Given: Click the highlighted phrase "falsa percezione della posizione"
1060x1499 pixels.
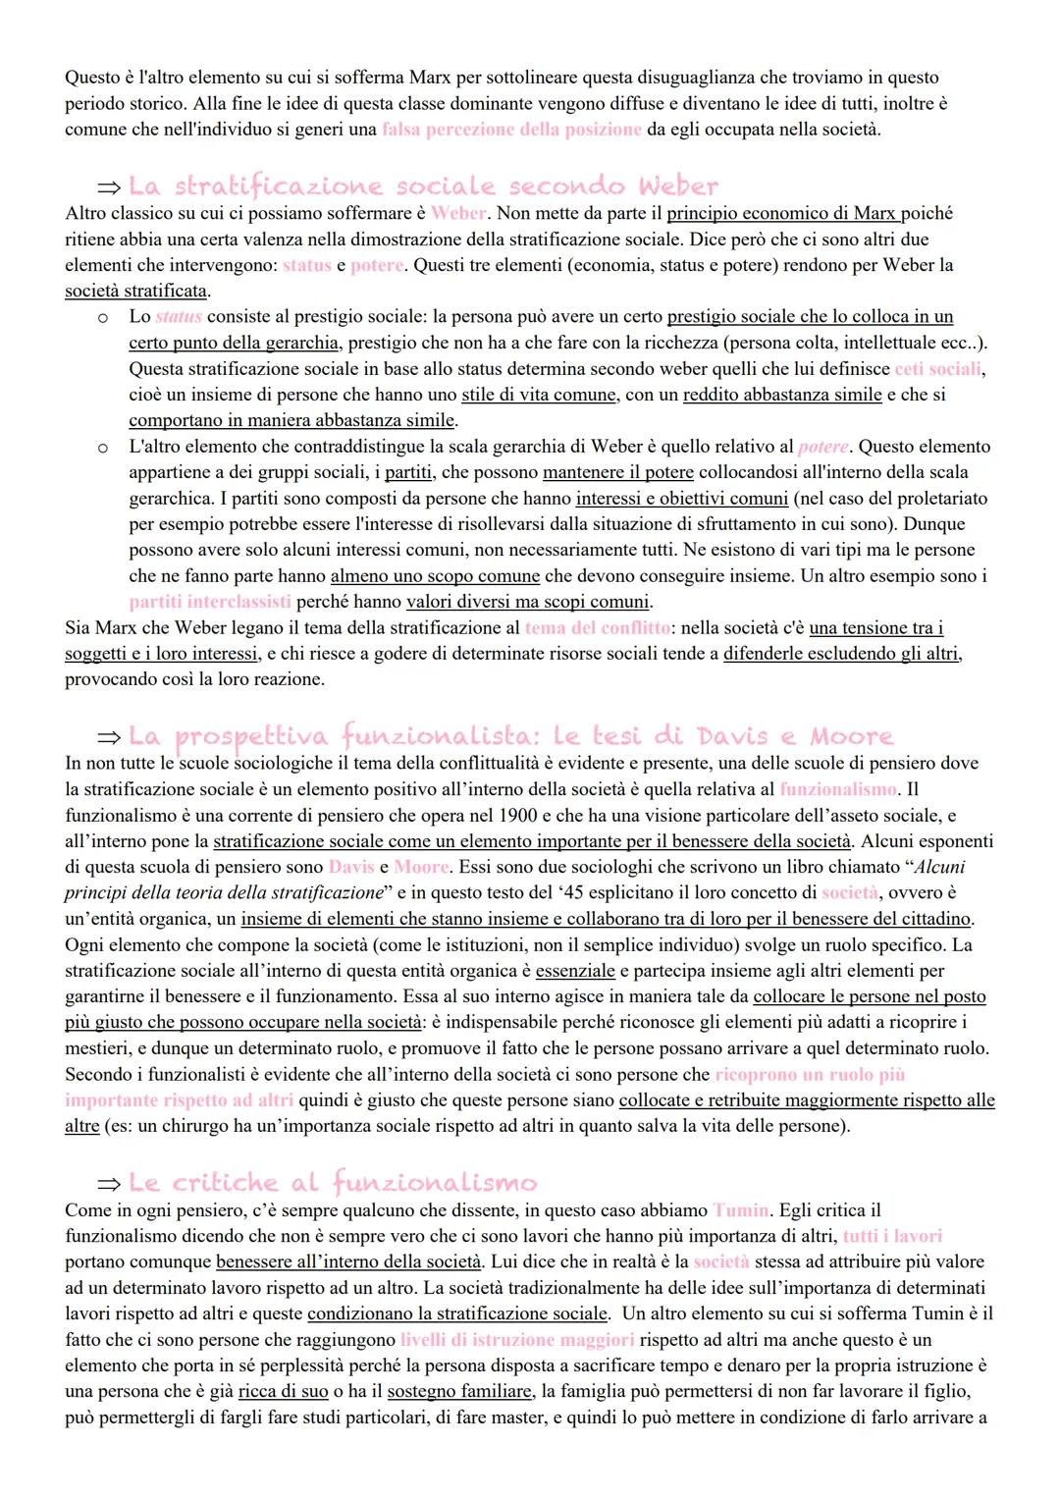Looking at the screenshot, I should [x=512, y=130].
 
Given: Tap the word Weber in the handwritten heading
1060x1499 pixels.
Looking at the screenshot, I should [x=677, y=186].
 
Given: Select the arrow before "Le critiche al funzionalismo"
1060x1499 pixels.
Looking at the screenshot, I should [x=108, y=1184].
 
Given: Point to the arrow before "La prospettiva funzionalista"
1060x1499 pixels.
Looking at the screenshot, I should [x=108, y=737].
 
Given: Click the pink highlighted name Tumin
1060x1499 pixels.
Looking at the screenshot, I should [x=742, y=1210].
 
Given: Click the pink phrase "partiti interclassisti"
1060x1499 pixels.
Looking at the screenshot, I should [x=210, y=602].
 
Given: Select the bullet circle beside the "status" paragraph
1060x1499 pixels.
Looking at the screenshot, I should [x=102, y=317].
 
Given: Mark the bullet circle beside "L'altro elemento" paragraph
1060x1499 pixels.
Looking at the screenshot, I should [x=102, y=448].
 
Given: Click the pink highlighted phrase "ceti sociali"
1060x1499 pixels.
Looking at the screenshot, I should [x=937, y=369].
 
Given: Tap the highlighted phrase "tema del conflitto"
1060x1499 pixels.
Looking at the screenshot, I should [x=598, y=627].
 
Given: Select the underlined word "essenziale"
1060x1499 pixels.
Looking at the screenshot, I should [x=575, y=971].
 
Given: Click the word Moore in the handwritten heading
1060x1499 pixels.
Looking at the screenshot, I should [x=851, y=735].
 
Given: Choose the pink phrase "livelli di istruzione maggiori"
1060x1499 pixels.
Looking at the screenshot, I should [x=517, y=1340].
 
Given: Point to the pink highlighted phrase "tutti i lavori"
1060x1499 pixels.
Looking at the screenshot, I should [x=892, y=1236].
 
